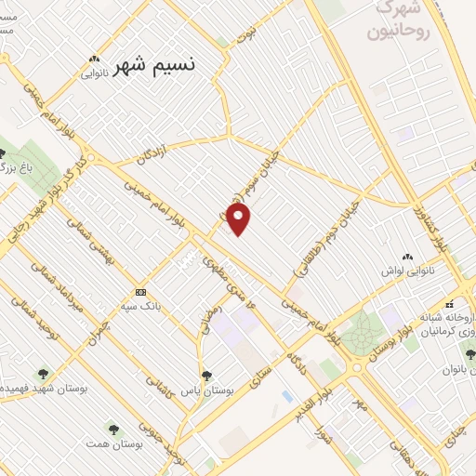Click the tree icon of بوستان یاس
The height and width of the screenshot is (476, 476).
[x=206, y=377]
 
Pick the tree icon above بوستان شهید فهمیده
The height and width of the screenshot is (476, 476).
[x=43, y=374]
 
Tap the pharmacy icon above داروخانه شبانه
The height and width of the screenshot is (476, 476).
[x=450, y=304]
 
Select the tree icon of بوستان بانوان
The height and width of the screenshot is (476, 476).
[x=469, y=354]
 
